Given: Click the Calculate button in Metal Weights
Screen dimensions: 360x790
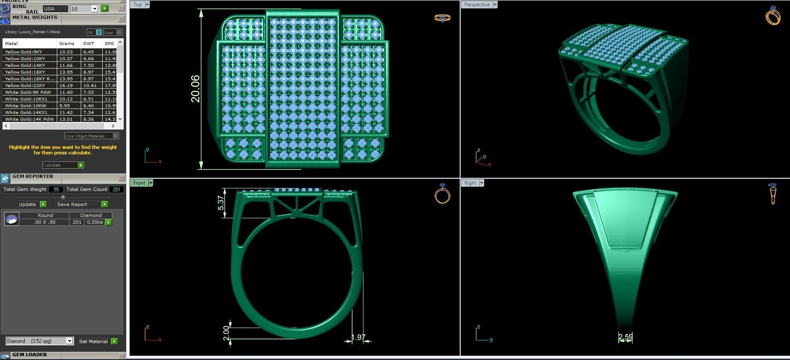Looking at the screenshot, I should point(63,165).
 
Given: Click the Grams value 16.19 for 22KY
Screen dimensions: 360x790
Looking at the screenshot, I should point(66,85).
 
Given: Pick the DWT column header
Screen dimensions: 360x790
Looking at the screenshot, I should point(89,43).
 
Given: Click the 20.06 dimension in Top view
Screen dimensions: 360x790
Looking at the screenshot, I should point(195,89).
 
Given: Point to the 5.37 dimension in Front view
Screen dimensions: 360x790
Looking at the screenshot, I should point(221,203).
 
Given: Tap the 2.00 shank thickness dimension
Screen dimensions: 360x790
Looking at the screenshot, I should point(226,334).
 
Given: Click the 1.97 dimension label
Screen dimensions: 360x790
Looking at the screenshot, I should point(358,337).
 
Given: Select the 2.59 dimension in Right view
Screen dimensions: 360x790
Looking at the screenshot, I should point(626,337).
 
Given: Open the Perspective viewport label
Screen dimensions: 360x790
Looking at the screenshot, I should point(477,5).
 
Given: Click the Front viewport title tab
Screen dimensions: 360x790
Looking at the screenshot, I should point(139,183).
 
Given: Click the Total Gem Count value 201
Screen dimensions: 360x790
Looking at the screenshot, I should point(117,189).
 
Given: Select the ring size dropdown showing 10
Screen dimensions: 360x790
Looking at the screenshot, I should point(84,9).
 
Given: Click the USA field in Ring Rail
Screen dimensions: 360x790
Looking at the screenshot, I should point(55,9).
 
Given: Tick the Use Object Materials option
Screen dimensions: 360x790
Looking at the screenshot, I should point(115,136).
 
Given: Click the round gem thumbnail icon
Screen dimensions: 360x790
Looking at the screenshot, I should point(11,219).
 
